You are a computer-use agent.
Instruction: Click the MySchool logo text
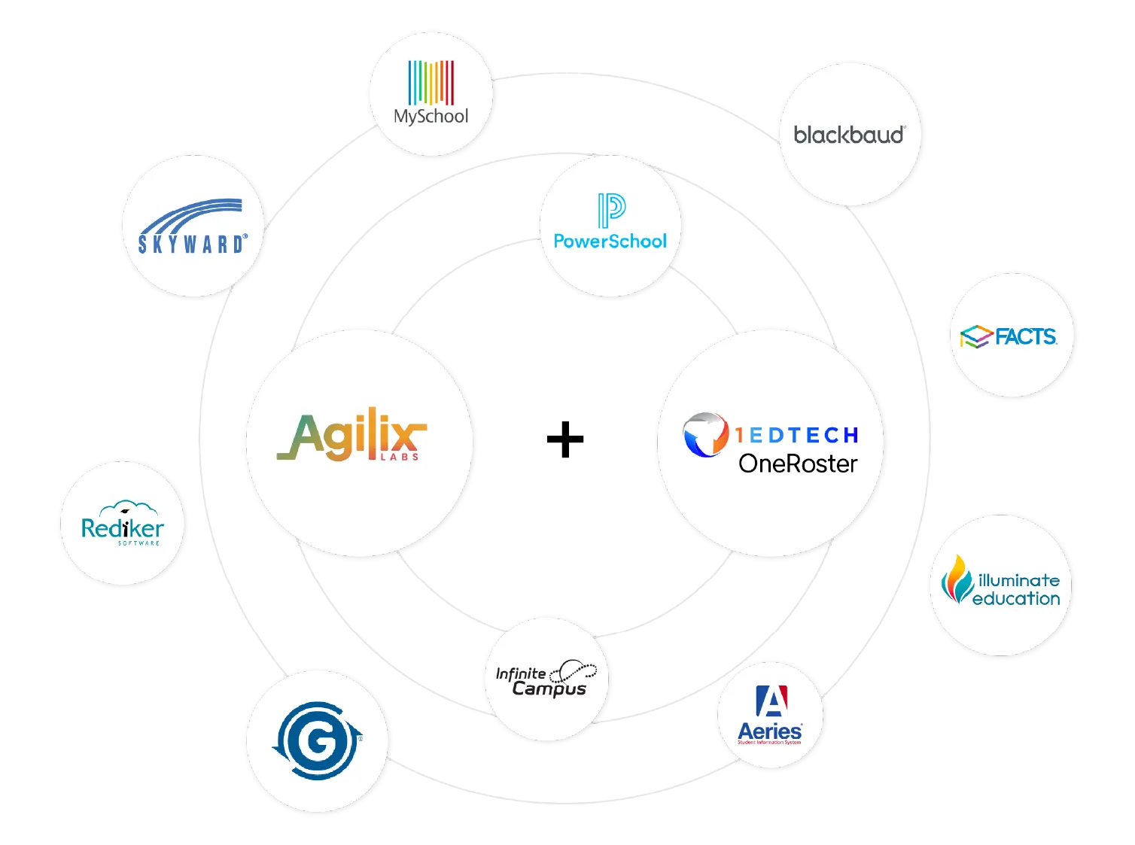coord(431,117)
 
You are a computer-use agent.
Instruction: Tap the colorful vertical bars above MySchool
coord(431,82)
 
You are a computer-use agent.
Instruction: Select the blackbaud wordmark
coord(848,135)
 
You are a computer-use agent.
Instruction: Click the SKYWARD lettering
coord(192,244)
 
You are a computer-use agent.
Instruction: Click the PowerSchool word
coord(610,242)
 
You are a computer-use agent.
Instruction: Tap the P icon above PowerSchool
coord(611,209)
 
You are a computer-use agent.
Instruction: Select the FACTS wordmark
coord(1026,336)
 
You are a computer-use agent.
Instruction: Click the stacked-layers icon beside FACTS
coord(976,337)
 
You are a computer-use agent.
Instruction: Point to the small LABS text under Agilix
coord(399,457)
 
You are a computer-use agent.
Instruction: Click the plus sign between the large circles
coord(563,442)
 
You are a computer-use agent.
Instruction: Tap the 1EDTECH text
coord(797,435)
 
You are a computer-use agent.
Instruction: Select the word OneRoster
coord(798,464)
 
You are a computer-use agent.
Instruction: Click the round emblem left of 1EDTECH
coord(705,435)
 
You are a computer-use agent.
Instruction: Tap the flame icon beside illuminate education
coord(957,579)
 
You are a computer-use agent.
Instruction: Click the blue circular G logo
coord(317,740)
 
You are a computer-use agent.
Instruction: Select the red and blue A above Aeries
coord(771,701)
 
